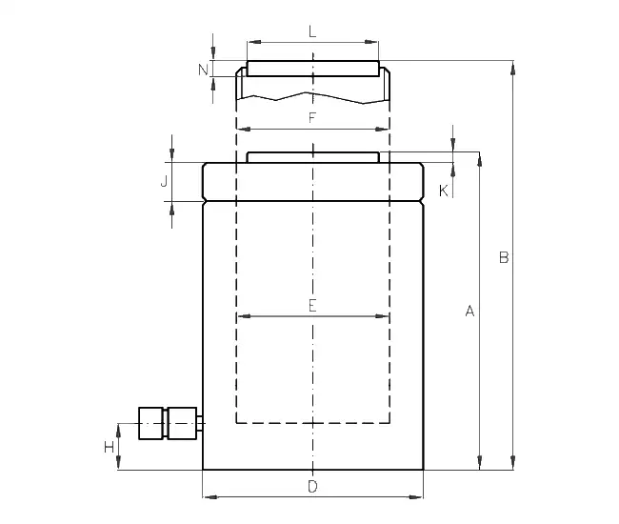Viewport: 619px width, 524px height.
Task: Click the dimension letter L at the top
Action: coord(312,31)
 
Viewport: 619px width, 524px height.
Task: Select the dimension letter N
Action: coord(203,70)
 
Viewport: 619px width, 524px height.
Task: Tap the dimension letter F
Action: coord(312,117)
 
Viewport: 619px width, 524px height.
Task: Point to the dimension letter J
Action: coord(164,181)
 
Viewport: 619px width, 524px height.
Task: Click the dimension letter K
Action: coord(444,191)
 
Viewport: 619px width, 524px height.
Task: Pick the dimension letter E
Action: coord(312,306)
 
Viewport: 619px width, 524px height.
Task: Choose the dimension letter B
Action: coord(504,257)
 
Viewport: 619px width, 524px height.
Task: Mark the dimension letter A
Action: coord(469,312)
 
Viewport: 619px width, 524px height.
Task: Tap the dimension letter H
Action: coord(109,448)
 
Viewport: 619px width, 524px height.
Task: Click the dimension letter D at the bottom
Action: coord(312,487)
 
